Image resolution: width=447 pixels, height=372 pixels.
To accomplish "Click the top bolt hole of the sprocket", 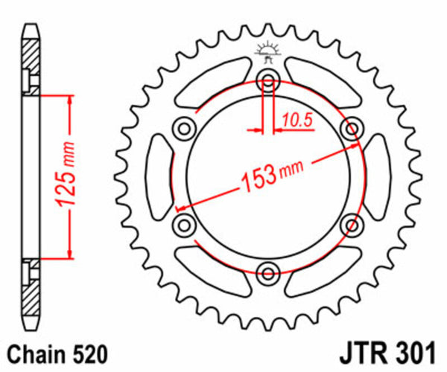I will (267, 81).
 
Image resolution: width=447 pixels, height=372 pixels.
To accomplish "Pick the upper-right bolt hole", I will (349, 129).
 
